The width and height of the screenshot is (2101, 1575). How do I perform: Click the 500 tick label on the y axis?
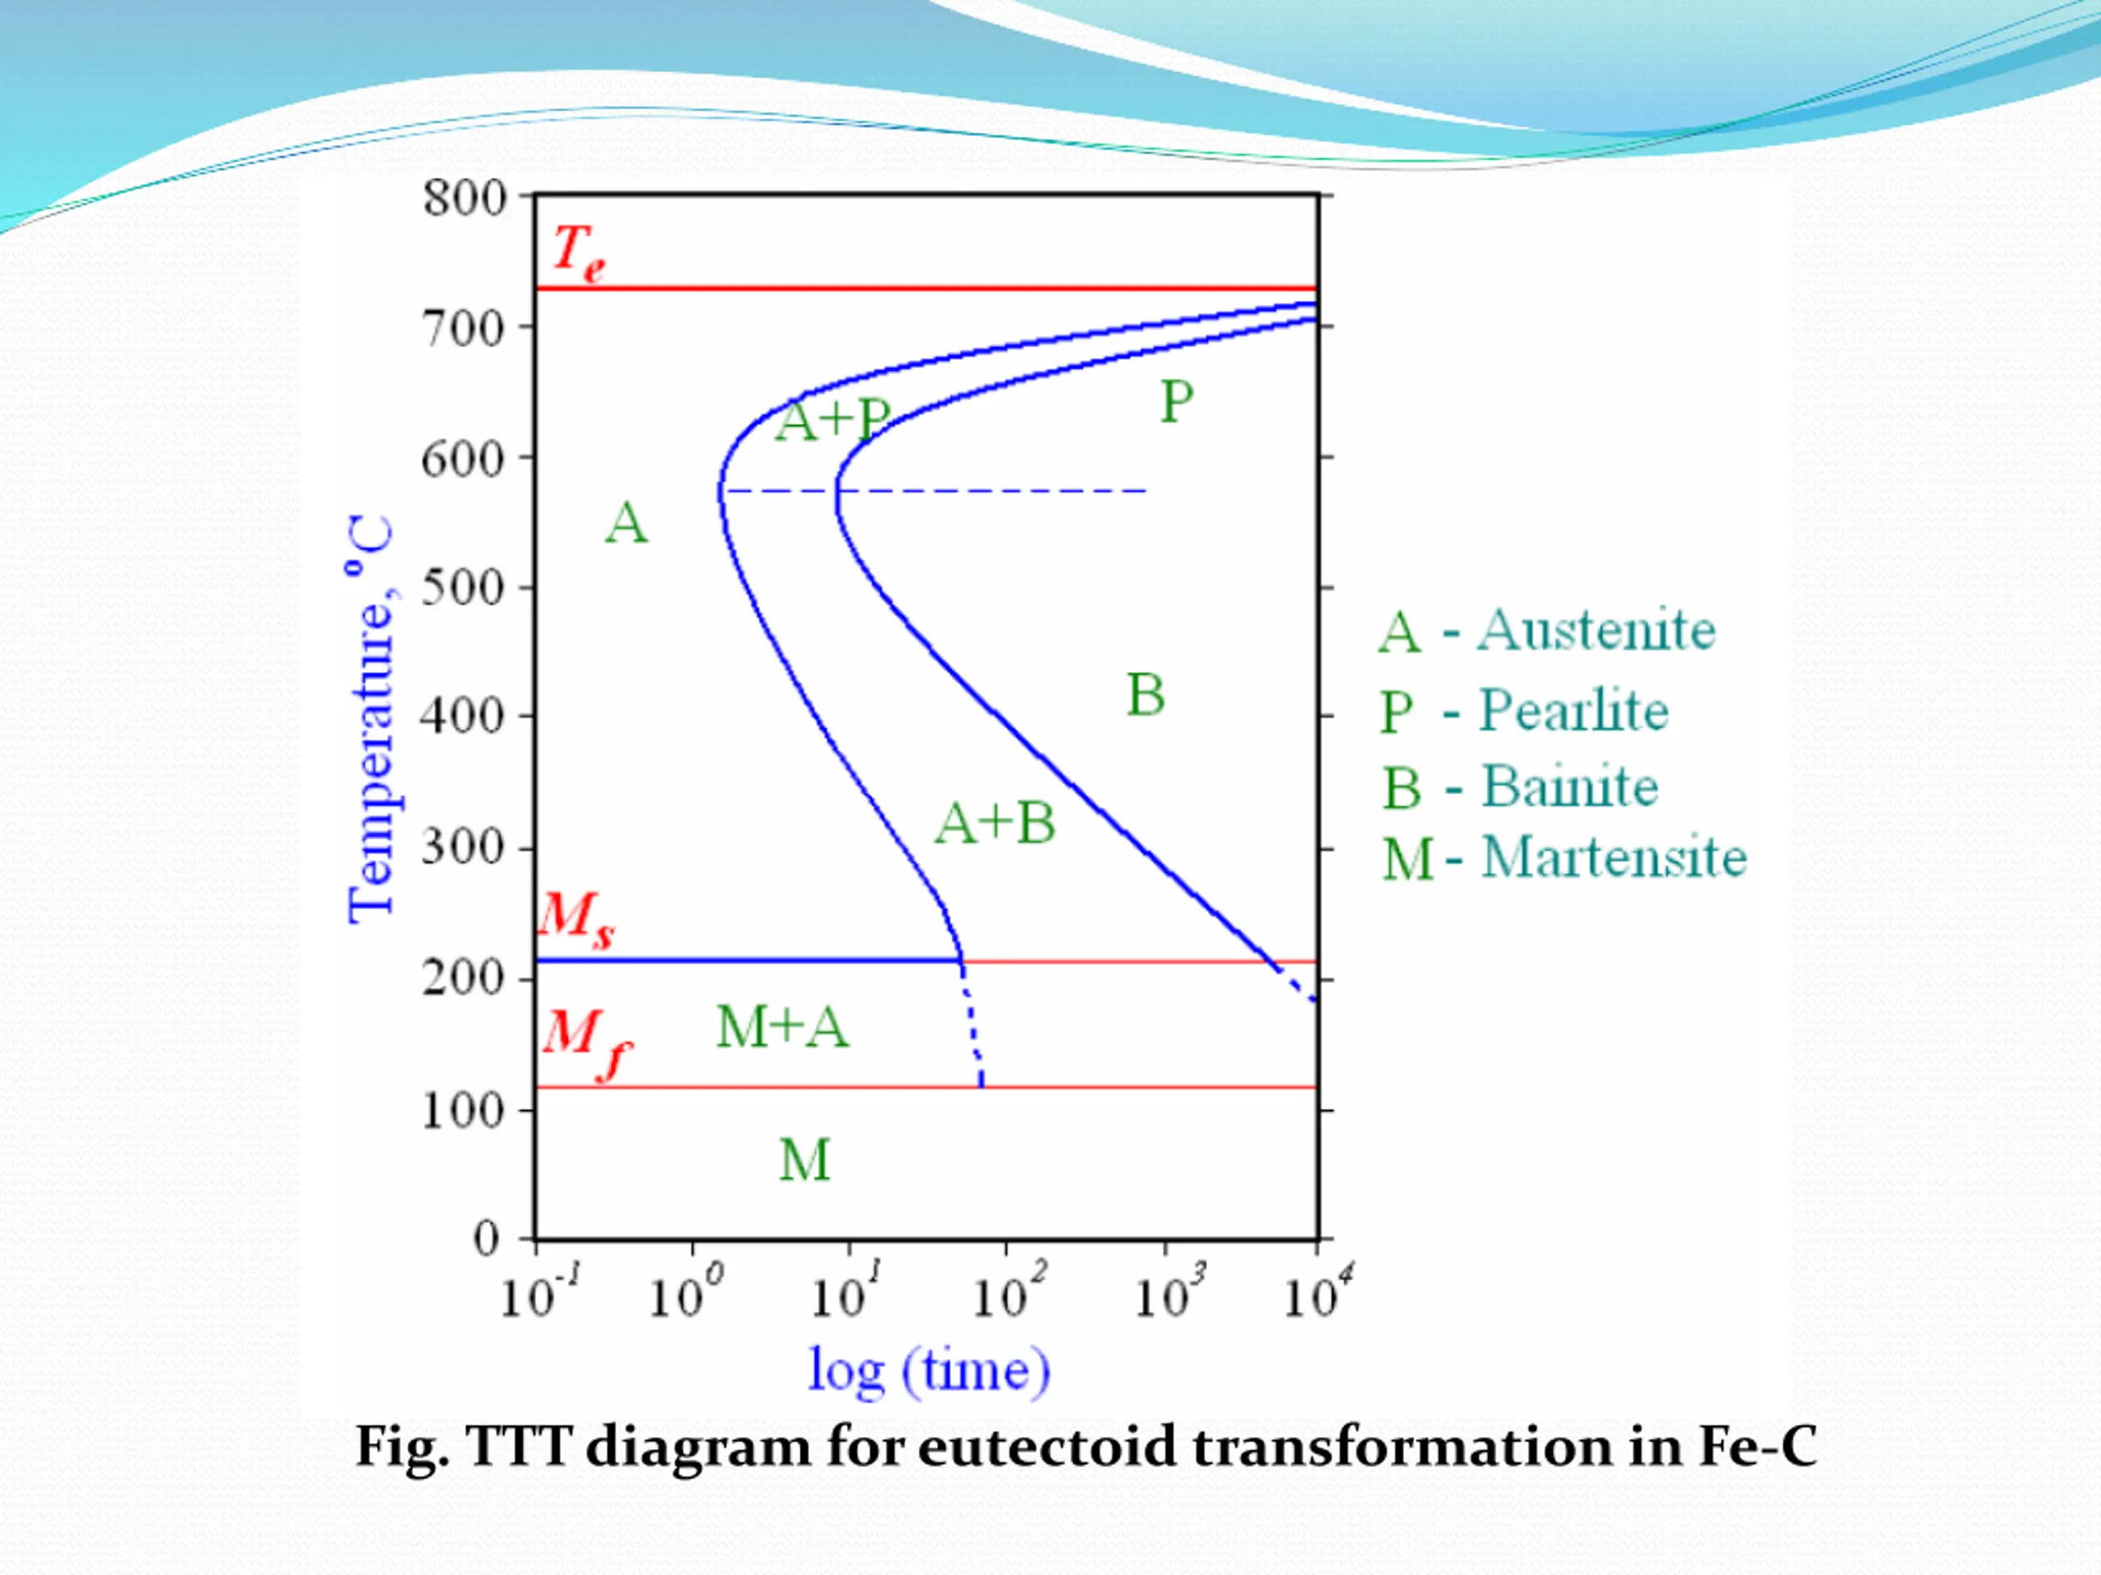click(x=463, y=589)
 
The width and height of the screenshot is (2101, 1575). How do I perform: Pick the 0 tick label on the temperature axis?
click(x=487, y=1239)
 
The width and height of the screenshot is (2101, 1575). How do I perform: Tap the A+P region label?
click(x=832, y=421)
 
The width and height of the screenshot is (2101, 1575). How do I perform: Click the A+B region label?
click(x=995, y=822)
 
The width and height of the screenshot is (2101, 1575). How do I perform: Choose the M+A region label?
click(x=781, y=1027)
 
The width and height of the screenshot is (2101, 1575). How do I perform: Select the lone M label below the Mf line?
click(x=804, y=1160)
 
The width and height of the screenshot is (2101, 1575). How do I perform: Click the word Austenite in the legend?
click(x=1595, y=630)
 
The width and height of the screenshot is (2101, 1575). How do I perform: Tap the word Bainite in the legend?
click(x=1569, y=787)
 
